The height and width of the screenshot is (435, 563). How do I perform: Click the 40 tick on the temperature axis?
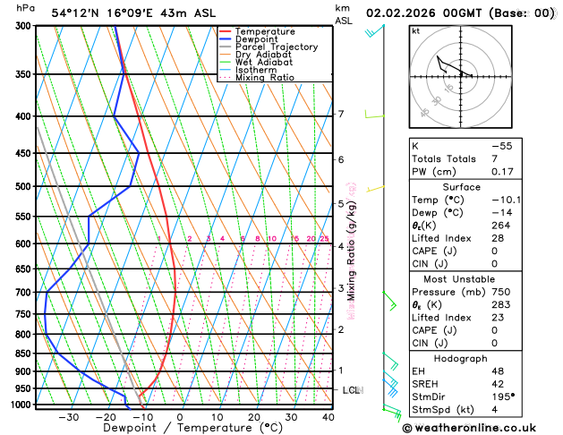[x=328, y=417]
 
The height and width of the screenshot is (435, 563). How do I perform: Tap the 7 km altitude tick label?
[x=341, y=115]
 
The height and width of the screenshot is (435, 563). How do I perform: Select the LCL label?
[x=351, y=390]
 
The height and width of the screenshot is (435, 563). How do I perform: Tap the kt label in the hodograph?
[x=415, y=31]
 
